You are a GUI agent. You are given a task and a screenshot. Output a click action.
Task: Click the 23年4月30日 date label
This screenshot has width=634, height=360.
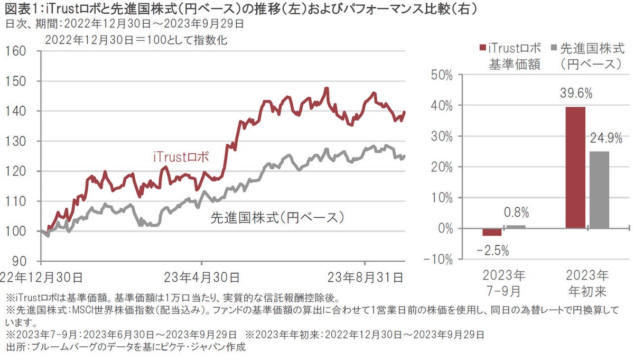(x=202, y=276)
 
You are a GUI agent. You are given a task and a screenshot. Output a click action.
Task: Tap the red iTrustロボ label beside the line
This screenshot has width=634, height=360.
(x=182, y=157)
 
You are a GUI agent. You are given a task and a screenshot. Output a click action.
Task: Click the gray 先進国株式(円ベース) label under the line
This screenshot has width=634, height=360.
(x=277, y=217)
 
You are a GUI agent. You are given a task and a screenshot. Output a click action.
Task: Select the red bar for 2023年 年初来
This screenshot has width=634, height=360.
(x=575, y=168)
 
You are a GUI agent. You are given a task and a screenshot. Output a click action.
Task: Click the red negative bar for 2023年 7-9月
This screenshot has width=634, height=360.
(x=492, y=232)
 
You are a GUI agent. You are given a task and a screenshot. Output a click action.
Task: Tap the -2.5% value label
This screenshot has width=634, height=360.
(x=492, y=251)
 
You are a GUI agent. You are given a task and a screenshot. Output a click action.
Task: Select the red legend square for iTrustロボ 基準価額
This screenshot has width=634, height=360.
(x=481, y=48)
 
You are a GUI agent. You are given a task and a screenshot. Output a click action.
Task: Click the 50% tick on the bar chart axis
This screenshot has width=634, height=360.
(x=442, y=75)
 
